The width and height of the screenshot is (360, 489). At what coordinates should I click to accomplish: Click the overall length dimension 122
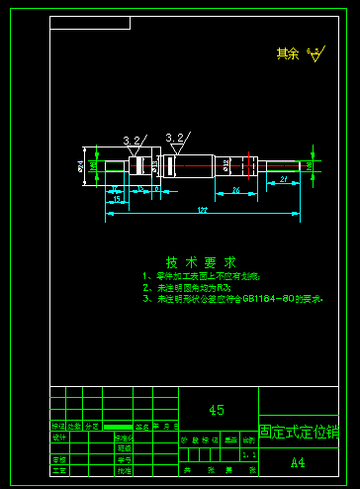(x=202, y=210)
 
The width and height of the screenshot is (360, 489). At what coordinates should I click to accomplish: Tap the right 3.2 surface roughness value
(x=176, y=138)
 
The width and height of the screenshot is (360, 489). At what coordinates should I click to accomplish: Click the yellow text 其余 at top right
(x=287, y=53)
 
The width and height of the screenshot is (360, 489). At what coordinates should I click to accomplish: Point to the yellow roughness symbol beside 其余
(x=314, y=54)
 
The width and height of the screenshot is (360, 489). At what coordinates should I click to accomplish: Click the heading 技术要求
(x=201, y=262)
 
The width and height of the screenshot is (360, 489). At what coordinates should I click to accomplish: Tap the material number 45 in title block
(x=217, y=410)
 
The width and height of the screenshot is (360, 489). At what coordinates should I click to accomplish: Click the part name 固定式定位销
(x=298, y=433)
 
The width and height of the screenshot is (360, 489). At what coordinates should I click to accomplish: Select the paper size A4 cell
(x=298, y=462)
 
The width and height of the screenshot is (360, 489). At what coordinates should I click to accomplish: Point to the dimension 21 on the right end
(x=284, y=179)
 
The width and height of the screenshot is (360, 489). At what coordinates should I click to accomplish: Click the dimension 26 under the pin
(x=235, y=188)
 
